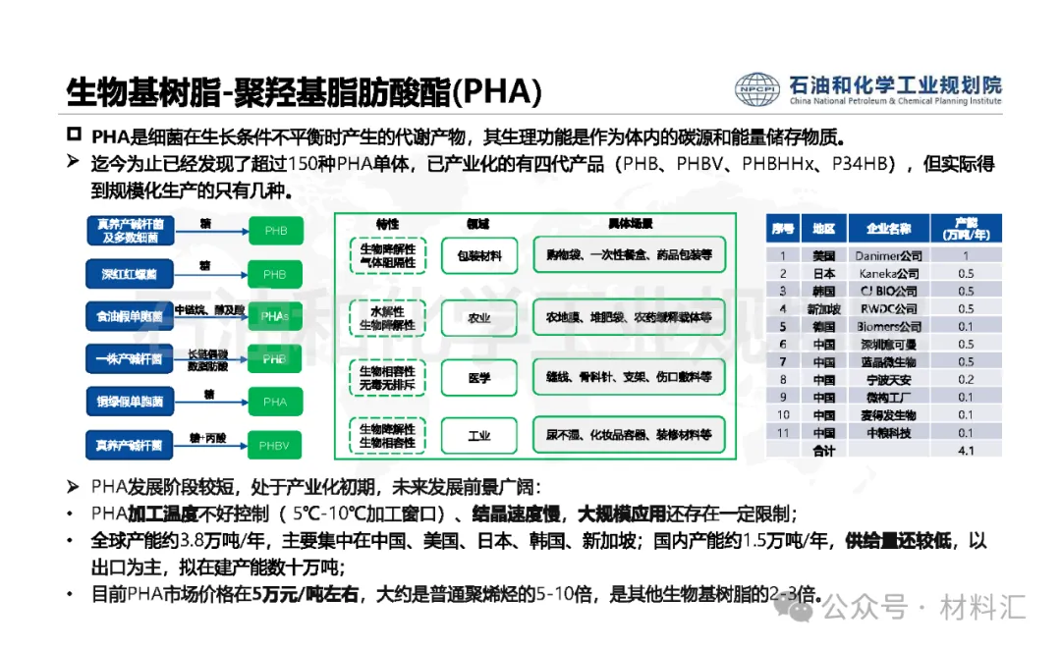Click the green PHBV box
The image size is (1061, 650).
(275, 445)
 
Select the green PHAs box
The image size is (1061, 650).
(275, 316)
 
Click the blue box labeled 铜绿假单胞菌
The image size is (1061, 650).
(129, 402)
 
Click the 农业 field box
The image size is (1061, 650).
(479, 317)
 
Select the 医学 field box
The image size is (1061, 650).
(479, 377)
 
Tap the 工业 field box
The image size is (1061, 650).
(479, 436)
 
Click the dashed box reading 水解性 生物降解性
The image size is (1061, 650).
(386, 317)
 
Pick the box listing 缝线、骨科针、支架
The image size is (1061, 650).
(629, 377)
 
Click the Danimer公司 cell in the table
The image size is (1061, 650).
(888, 255)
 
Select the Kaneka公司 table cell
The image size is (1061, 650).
(888, 273)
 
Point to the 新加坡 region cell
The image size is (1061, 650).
(823, 308)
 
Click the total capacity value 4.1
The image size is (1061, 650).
(965, 451)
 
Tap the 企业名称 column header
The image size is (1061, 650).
(888, 229)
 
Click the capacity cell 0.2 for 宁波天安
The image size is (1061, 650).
(965, 379)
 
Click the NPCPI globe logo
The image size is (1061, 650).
(757, 90)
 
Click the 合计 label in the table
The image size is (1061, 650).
(823, 451)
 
